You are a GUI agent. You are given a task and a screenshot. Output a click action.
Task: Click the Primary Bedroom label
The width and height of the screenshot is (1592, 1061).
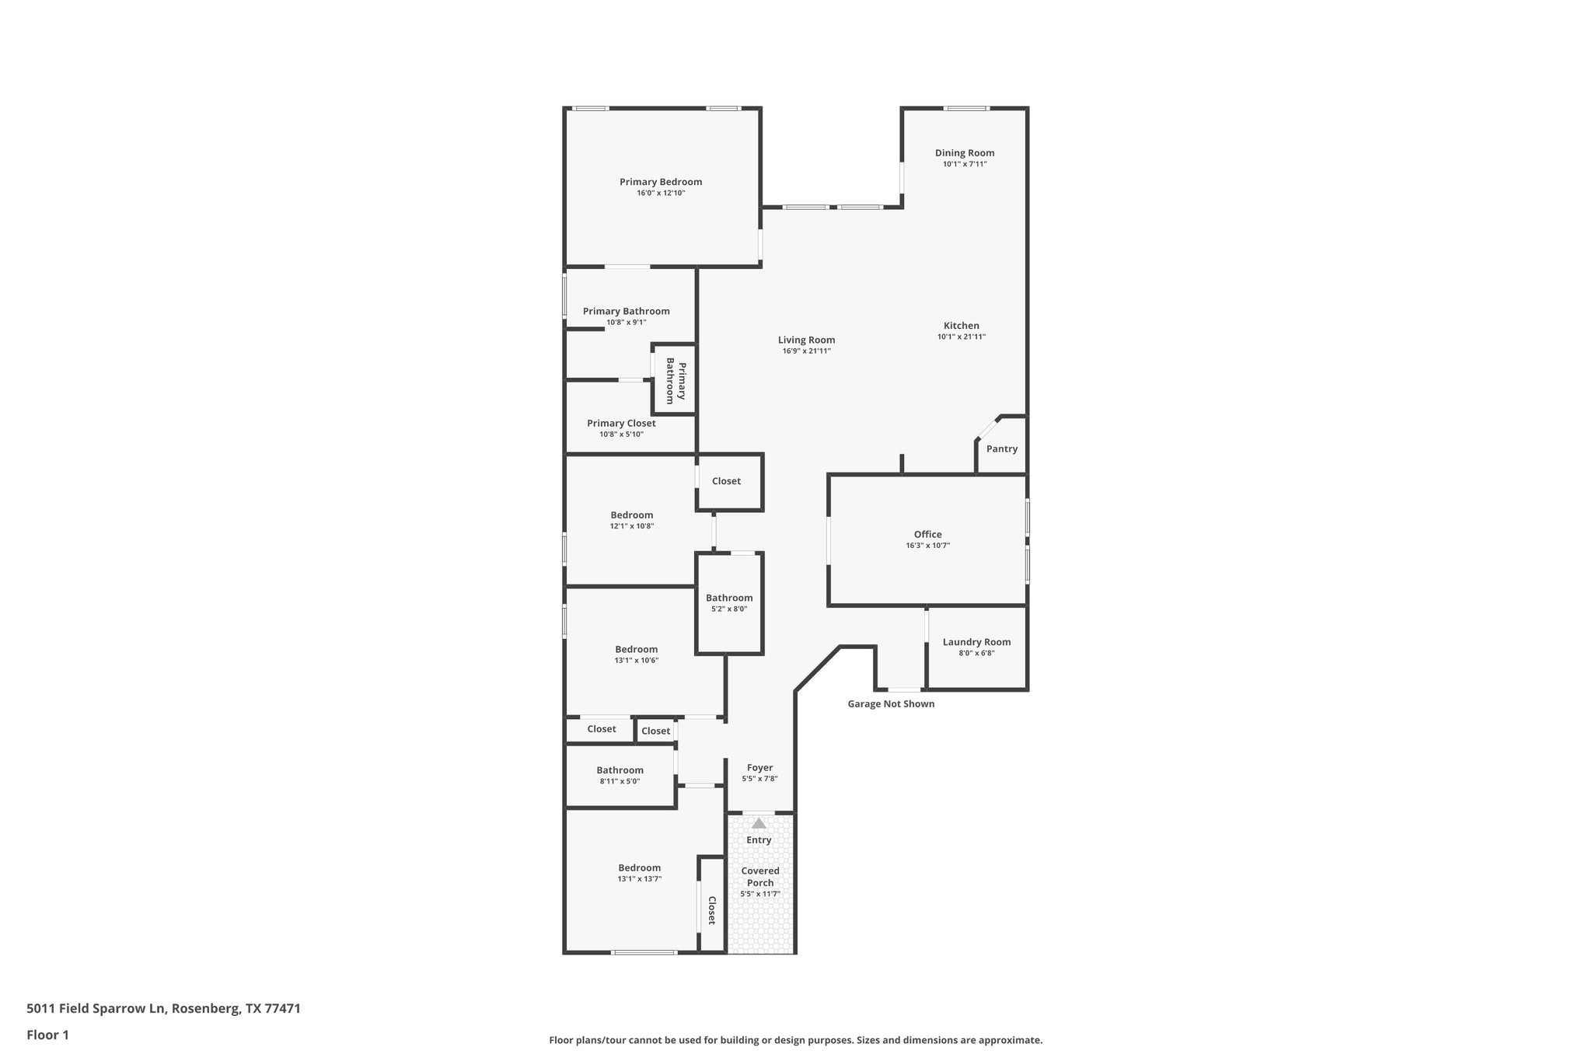click(660, 182)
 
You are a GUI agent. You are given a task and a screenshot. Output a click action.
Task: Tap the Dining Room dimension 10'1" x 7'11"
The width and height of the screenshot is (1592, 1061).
click(965, 164)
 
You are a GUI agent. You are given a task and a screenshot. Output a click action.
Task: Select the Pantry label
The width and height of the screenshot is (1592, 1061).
click(1001, 448)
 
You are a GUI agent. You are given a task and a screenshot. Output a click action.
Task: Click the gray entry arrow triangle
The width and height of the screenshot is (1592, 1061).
click(759, 823)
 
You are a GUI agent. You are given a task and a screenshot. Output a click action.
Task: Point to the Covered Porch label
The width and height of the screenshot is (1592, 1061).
click(759, 876)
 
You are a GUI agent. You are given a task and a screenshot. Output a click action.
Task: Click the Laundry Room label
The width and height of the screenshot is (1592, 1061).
click(976, 642)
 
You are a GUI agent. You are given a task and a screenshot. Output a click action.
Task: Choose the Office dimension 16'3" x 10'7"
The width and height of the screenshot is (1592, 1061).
click(927, 546)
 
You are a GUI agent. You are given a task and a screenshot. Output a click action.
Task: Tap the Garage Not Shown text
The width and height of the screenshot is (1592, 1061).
click(890, 704)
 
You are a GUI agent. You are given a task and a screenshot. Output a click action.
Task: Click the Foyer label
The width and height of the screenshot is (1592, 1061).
click(759, 768)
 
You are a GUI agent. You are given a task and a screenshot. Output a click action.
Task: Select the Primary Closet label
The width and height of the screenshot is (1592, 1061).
click(621, 424)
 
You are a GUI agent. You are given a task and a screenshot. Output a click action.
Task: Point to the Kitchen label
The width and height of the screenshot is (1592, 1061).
click(961, 326)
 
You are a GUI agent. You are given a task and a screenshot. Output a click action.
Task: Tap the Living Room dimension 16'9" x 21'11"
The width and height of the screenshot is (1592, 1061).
click(806, 351)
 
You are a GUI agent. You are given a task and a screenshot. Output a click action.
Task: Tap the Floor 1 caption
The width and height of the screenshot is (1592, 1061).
click(47, 1035)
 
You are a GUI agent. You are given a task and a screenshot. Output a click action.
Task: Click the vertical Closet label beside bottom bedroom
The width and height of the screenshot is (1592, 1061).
click(711, 909)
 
